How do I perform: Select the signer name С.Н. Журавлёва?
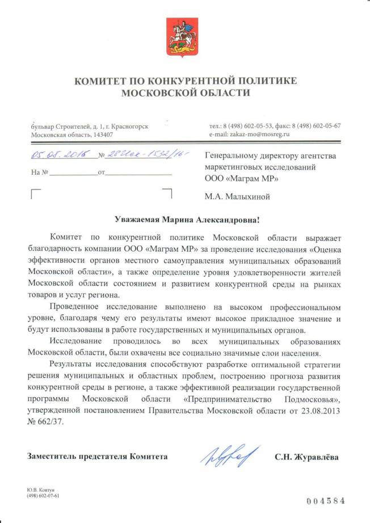(306, 457)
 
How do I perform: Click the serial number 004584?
(325, 501)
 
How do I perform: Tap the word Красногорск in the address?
(131, 126)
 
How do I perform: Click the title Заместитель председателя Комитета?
(97, 457)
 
